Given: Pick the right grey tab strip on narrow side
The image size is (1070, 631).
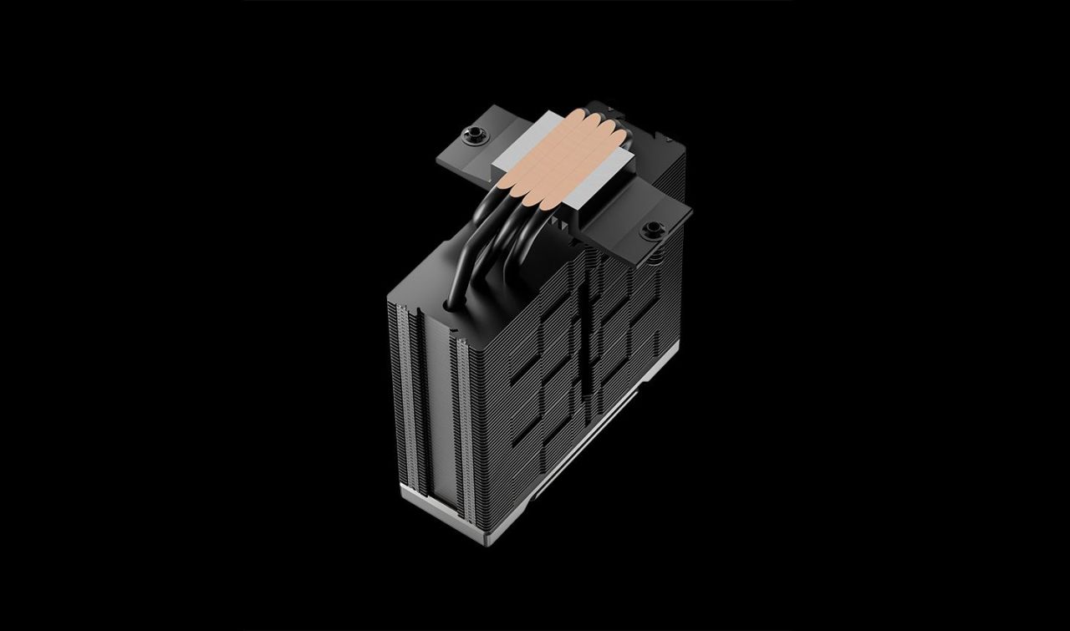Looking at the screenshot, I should [461, 418].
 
